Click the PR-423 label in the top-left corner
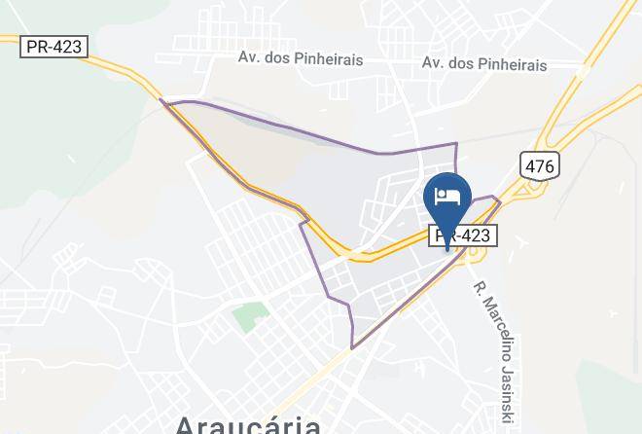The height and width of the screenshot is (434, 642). tap(54, 47)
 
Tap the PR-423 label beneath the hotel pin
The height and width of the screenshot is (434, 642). tap(464, 235)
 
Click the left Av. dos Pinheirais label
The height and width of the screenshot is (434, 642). tap(301, 58)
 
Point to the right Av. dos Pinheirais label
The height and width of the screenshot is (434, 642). tap(484, 64)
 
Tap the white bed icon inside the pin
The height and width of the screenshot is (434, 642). tap(447, 196)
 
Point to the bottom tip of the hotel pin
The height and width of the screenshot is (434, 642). tap(447, 249)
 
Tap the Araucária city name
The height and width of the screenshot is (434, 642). tap(248, 424)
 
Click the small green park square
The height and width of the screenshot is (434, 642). tap(250, 316)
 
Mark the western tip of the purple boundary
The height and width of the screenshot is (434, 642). tap(162, 101)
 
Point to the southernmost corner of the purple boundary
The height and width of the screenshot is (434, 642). tap(353, 347)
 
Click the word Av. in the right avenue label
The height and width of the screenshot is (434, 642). tap(434, 64)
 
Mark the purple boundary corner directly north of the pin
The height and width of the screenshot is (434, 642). tap(455, 144)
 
